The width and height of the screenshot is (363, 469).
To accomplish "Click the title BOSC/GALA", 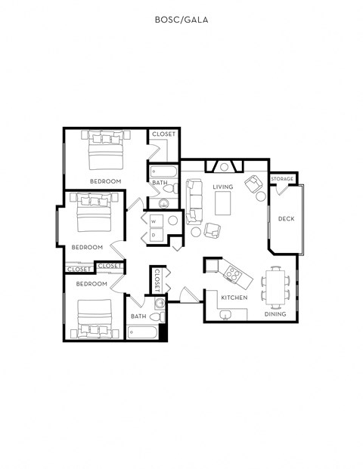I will [x=181, y=20].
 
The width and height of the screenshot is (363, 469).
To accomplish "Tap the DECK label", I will [x=286, y=219].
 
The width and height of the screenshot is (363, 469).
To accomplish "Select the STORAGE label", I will [x=282, y=179].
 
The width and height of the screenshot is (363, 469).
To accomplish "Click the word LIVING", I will [x=222, y=187].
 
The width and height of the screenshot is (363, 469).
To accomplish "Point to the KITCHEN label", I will [x=234, y=298].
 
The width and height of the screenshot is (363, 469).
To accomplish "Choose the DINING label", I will [x=275, y=314].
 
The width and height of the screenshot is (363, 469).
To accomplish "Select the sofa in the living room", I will [x=195, y=196].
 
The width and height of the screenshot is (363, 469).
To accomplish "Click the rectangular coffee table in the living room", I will [x=223, y=203].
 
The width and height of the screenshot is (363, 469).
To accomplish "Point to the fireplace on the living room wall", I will [x=225, y=166].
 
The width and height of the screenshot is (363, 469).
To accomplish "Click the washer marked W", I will [x=154, y=221].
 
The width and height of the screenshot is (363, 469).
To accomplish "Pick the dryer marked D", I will [x=154, y=235].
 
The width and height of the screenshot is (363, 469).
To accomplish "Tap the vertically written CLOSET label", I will [x=157, y=281].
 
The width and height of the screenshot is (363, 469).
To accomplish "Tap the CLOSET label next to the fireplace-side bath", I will [x=163, y=134].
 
